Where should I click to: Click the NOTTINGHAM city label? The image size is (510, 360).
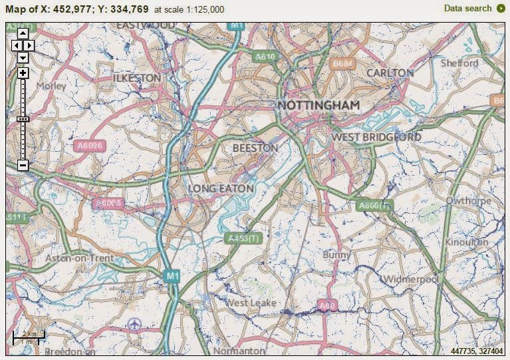pos(319,105)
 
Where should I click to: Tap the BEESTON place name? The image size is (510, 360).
pos(255,148)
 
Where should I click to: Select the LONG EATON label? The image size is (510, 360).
pos(221,189)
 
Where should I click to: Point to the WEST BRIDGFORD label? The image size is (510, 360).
pos(376,137)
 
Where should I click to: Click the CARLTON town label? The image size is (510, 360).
pos(390,73)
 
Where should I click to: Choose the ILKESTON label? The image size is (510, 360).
pos(136,78)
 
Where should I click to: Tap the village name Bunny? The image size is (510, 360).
pos(336,255)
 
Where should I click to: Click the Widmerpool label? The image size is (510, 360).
pos(411,278)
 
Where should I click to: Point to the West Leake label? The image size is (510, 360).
pos(252,303)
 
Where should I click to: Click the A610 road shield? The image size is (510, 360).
pos(265,57)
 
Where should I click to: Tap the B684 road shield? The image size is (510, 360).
pos(342,63)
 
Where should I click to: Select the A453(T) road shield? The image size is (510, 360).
pos(243,238)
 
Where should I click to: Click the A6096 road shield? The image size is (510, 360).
pos(90,146)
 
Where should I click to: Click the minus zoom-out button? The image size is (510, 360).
pos(23,165)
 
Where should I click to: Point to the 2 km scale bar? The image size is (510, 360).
pos(29,336)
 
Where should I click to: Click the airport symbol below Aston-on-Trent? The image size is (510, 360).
pos(136,323)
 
